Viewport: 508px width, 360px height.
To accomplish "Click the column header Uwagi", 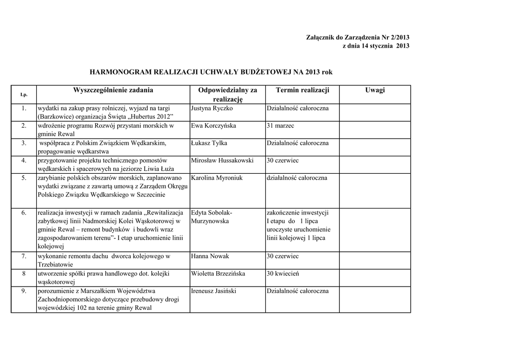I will (x=375, y=90).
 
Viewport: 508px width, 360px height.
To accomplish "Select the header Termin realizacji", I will (x=302, y=90).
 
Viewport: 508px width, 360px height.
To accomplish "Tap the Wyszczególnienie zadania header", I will (x=113, y=90).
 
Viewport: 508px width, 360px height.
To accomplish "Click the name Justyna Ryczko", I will (x=212, y=108).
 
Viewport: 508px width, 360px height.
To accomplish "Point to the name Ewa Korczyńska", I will (x=213, y=126).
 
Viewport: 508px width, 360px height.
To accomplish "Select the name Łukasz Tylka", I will (x=209, y=143).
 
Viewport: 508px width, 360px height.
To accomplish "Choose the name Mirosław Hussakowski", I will (x=222, y=160).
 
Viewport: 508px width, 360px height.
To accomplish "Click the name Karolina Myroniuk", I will (x=217, y=178).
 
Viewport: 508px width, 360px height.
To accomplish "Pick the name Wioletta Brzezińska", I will (x=218, y=274).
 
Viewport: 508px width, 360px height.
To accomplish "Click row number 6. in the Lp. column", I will (x=24, y=213).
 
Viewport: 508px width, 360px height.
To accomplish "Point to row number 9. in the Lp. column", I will (x=24, y=291).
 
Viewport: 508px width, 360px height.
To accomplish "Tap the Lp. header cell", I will (x=24, y=94).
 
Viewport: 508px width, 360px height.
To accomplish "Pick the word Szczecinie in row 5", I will (x=149, y=195).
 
